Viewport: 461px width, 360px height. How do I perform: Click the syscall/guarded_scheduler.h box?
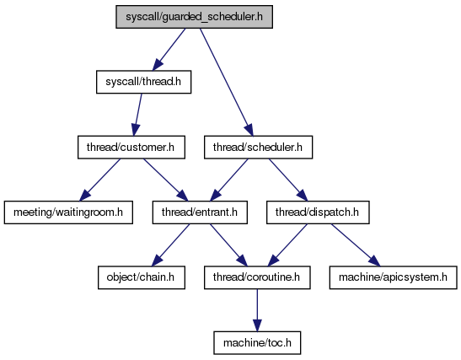pyautogui.click(x=194, y=17)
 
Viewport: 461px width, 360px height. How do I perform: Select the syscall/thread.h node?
pyautogui.click(x=144, y=82)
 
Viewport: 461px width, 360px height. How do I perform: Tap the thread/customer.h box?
pyautogui.click(x=131, y=148)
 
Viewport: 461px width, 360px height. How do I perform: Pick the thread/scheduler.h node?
pyautogui.click(x=258, y=148)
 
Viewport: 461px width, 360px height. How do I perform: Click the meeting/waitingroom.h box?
pyautogui.click(x=68, y=212)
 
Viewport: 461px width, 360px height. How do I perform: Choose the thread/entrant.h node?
pyautogui.click(x=200, y=212)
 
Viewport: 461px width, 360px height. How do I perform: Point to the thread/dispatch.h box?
pyautogui.click(x=318, y=212)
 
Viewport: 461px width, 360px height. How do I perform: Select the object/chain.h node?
pyautogui.click(x=142, y=277)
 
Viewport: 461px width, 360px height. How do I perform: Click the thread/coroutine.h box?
pyautogui.click(x=257, y=277)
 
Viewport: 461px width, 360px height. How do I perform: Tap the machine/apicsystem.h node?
pyautogui.click(x=393, y=277)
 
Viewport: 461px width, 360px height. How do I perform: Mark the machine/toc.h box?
pyautogui.click(x=257, y=343)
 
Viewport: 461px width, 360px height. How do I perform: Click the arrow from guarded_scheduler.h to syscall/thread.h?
pyautogui.click(x=169, y=50)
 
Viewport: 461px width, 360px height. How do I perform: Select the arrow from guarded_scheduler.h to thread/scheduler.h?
pyautogui.click(x=227, y=82)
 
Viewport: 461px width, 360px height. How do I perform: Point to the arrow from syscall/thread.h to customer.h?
pyautogui.click(x=137, y=115)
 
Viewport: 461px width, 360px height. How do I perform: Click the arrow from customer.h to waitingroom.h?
pyautogui.click(x=100, y=180)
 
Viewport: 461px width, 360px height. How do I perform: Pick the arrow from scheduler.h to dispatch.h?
pyautogui.click(x=288, y=180)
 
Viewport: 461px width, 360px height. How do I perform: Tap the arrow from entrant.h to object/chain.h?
pyautogui.click(x=171, y=245)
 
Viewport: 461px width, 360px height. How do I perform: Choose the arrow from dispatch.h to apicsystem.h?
pyautogui.click(x=356, y=245)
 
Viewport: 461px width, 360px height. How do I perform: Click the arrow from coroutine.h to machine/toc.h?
pyautogui.click(x=257, y=310)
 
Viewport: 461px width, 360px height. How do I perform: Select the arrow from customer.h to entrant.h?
pyautogui.click(x=165, y=180)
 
